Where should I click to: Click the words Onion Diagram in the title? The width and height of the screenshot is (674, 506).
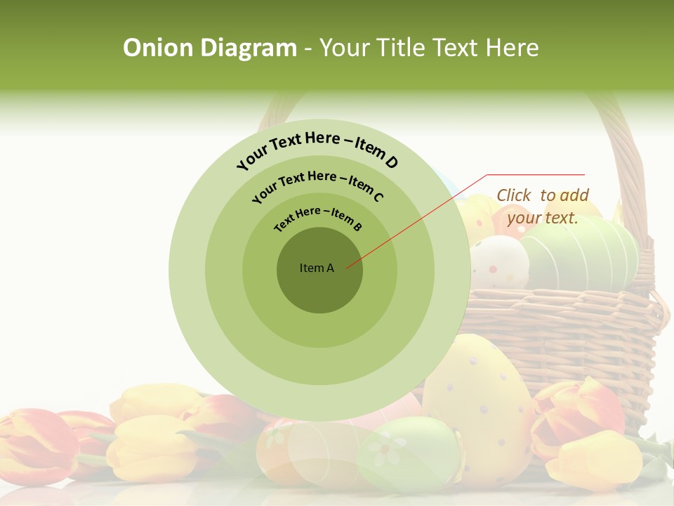point(209,48)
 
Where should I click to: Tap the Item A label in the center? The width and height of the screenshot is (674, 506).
point(317,268)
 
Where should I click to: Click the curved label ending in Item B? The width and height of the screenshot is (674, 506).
point(318,218)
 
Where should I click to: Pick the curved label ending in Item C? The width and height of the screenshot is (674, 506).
point(317,184)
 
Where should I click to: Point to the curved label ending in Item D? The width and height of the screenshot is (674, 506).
point(317,149)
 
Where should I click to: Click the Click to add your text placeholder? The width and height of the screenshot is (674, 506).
point(543,206)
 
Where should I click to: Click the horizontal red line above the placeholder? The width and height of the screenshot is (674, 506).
point(536,174)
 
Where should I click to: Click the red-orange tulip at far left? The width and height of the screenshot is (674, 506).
point(35,443)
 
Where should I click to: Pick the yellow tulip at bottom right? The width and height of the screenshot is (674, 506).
point(593,460)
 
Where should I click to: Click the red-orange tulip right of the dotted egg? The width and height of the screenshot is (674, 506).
point(572,415)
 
